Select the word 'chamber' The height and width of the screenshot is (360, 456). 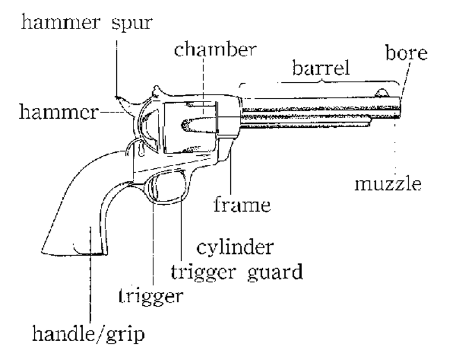[214, 50]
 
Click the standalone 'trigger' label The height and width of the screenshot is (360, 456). [151, 297]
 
